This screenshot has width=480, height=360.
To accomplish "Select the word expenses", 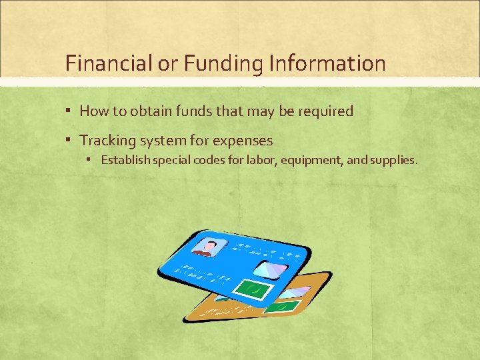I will [241, 141].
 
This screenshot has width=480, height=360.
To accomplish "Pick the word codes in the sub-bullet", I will [207, 161].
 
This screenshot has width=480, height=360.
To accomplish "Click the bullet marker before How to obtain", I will [69, 111].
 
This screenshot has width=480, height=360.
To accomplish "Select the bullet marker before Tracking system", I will [69, 141].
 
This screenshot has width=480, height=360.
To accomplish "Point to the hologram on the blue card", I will [270, 270].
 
